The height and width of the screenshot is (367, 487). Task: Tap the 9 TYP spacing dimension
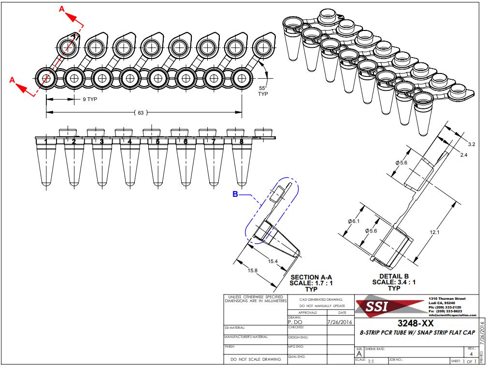coord(87,99)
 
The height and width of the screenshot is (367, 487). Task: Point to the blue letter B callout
coord(235,194)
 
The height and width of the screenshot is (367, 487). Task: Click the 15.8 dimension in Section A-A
coord(252,270)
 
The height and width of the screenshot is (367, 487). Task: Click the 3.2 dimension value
coord(472,144)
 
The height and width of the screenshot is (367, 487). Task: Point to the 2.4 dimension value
coord(463,155)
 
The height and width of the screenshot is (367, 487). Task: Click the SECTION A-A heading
coord(311,277)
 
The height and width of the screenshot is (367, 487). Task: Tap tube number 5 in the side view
coord(158,142)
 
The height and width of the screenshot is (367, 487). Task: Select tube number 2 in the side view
coord(74,142)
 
